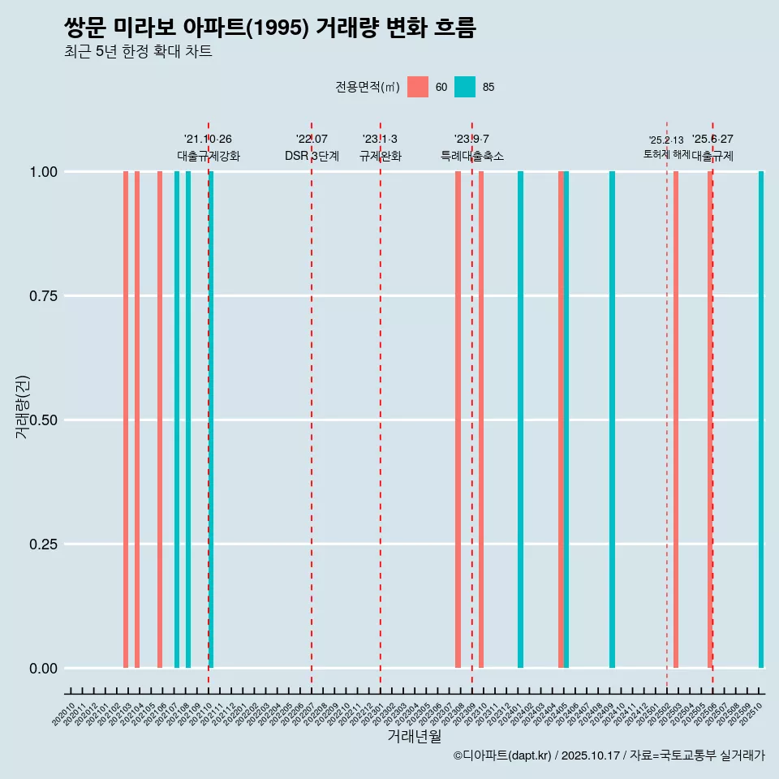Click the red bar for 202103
(126, 420)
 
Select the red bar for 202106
(160, 420)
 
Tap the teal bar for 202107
(177, 420)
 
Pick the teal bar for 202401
(520, 420)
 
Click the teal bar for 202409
(612, 420)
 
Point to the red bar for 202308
(458, 420)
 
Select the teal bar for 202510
(761, 420)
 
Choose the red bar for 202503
(676, 420)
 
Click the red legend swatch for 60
(418, 87)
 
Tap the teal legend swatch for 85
(465, 87)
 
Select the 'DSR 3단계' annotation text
(312, 156)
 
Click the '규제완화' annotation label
(381, 156)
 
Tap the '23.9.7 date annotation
(471, 140)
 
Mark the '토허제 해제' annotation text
(666, 153)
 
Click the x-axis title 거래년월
(414, 736)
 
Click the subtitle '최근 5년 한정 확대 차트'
(138, 52)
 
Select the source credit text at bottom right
(609, 755)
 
